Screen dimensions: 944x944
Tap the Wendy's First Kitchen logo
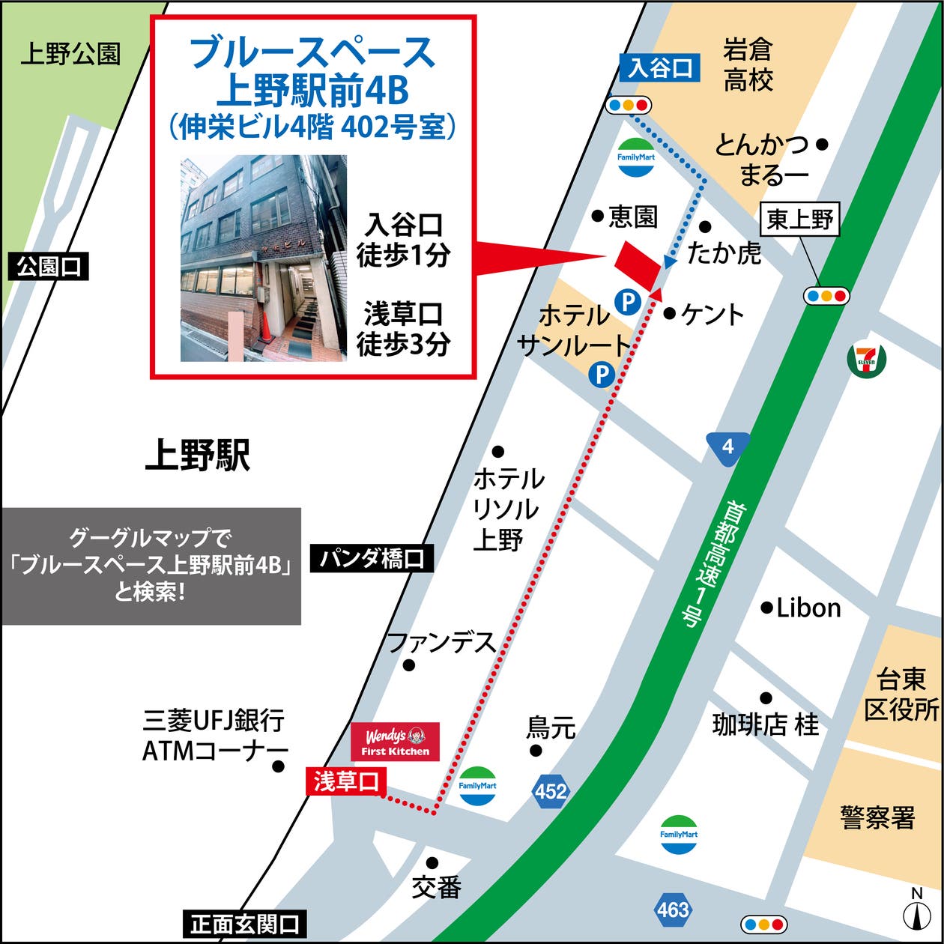coord(396,741)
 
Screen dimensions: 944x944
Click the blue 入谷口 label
coord(659,68)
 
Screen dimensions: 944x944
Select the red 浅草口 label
coord(345,781)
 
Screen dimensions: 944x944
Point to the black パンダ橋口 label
coord(372,558)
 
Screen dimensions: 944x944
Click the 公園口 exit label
coord(48,266)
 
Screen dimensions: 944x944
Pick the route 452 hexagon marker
coord(551,790)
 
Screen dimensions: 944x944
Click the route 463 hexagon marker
coord(672,910)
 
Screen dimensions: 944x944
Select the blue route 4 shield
coord(727,448)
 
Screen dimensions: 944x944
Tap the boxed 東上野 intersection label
coord(800,219)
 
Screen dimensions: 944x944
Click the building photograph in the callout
coord(263,258)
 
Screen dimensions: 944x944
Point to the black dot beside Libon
coord(766,608)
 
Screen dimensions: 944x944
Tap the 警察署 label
coord(877,817)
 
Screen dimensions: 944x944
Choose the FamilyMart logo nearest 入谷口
coord(636,157)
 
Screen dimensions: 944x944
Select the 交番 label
coord(436,888)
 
